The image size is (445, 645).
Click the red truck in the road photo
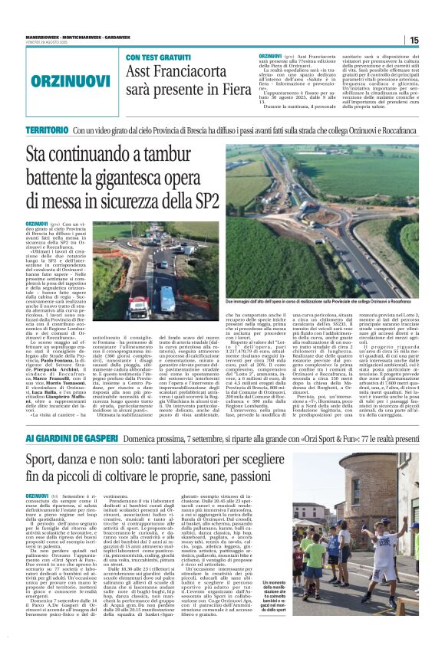(139, 306)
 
